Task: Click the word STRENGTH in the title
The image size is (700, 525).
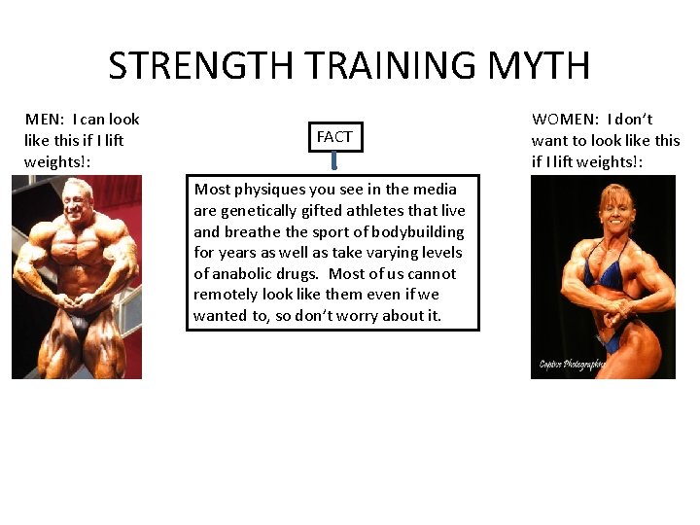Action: pos(201,66)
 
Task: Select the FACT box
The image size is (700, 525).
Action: pos(334,137)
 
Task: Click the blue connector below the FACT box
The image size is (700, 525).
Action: pos(334,166)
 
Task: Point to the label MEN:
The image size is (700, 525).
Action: pos(45,120)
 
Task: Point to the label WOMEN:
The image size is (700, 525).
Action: pos(565,120)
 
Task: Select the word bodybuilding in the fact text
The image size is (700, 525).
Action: pos(416,231)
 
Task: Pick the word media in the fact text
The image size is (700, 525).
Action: pos(434,190)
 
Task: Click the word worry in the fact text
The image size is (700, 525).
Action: pos(374,315)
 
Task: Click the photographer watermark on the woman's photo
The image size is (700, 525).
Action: pos(574,365)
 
